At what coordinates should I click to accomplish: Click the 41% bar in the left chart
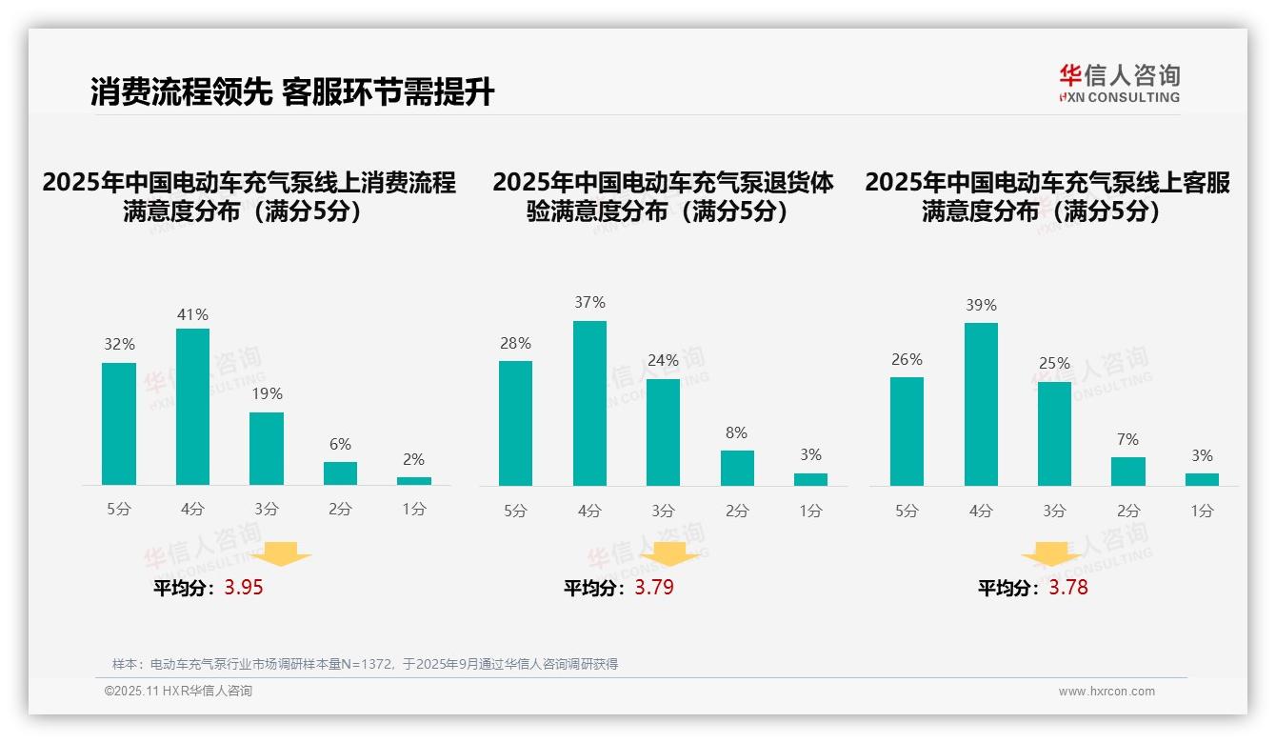(192, 407)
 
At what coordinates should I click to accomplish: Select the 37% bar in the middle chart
(589, 403)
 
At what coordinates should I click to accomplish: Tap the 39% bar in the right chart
(981, 404)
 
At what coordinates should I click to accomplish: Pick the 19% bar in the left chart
(267, 449)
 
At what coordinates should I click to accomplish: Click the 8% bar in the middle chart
(737, 468)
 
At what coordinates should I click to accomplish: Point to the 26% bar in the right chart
(907, 432)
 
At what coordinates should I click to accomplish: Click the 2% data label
(413, 459)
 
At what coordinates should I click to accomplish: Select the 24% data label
(663, 360)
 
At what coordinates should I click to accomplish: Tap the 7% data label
(1127, 439)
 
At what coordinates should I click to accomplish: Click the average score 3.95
(244, 588)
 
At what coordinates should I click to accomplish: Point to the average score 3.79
(654, 588)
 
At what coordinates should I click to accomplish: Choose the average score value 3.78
(1068, 588)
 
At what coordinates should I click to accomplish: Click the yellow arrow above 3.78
(1051, 553)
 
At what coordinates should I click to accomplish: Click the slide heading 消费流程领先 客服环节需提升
(292, 92)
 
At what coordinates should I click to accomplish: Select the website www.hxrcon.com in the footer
(1107, 692)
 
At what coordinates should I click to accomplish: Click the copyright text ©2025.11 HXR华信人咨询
(178, 692)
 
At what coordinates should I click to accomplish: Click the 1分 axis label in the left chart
(413, 510)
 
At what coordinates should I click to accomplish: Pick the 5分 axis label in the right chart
(907, 512)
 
